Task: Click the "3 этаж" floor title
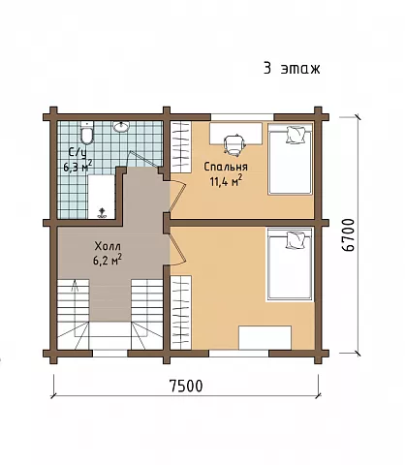point(292,69)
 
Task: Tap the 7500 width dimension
point(186,386)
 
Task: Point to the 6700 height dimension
point(348,234)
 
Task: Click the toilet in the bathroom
point(86,133)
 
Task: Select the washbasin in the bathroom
point(121,126)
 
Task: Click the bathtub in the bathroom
point(102,197)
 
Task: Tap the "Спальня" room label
point(226,167)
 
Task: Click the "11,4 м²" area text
point(226,181)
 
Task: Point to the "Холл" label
point(108,246)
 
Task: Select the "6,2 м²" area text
point(108,260)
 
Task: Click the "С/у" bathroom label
point(78,153)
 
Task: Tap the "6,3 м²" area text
point(78,166)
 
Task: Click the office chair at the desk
point(234,143)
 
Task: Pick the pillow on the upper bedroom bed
point(296,135)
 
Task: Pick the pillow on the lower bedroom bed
point(296,240)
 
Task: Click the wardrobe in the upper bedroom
point(181,147)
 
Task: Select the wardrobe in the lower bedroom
point(181,312)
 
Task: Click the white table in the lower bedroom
point(265,337)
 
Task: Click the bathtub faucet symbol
point(103,213)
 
